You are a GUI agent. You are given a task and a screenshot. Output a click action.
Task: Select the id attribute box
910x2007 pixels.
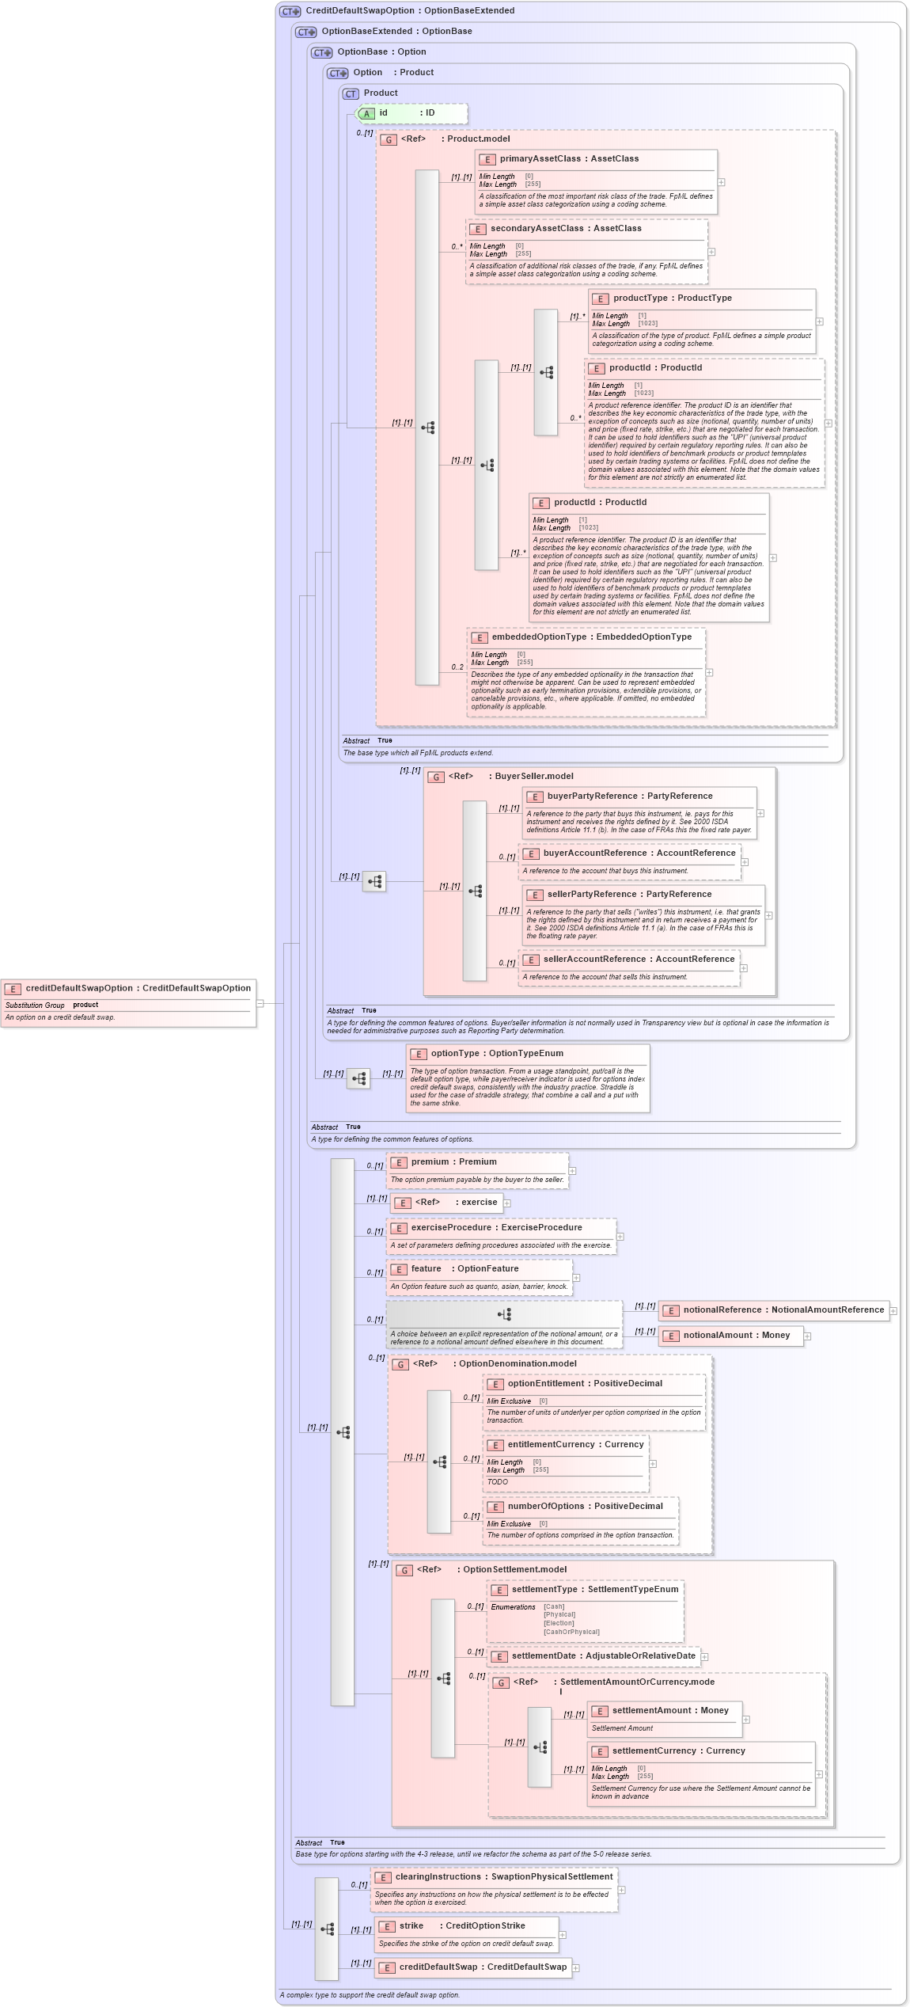[411, 113]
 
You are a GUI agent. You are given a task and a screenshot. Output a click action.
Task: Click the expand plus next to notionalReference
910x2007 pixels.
[893, 1311]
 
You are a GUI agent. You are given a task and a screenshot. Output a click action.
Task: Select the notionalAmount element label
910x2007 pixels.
[736, 1336]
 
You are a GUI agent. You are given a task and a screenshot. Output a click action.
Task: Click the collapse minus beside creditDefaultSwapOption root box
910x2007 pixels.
[260, 1004]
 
